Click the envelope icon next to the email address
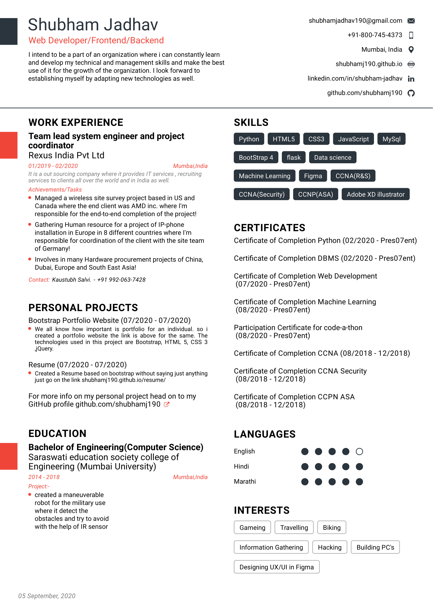[x=411, y=21]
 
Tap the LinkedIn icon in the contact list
[x=411, y=79]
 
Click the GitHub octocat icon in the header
[x=411, y=93]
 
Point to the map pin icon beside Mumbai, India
[x=411, y=49]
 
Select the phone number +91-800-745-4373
[x=375, y=35]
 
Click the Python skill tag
[x=249, y=139]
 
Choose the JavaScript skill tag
[x=353, y=139]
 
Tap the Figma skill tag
[x=313, y=176]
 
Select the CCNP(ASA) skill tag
[x=315, y=194]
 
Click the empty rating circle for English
[x=359, y=451]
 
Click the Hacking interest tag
[x=330, y=547]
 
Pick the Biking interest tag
[x=332, y=527]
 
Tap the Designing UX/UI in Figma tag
[x=276, y=567]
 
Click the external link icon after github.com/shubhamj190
[x=167, y=404]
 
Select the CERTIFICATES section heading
[x=270, y=228]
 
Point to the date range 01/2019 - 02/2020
[x=53, y=166]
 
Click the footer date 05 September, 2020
[x=47, y=596]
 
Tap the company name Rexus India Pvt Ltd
[x=67, y=155]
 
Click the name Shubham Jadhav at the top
[x=93, y=25]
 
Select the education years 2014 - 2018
[x=44, y=477]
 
